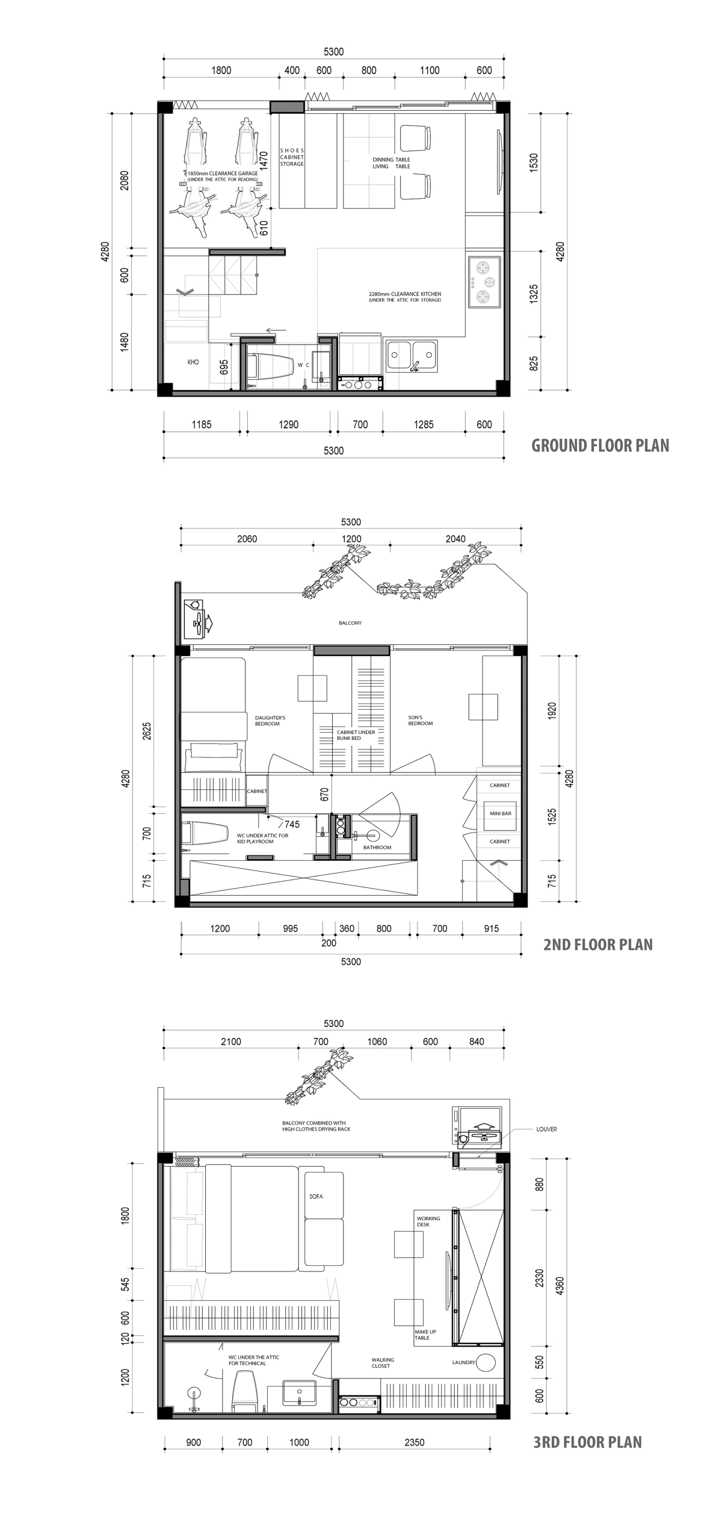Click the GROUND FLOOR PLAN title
click(600, 445)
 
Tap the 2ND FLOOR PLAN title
click(598, 944)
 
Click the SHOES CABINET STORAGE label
click(292, 157)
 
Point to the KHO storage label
click(193, 362)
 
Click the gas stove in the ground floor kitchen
click(485, 281)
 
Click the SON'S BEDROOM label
click(420, 721)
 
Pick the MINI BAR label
click(501, 813)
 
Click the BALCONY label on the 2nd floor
click(350, 623)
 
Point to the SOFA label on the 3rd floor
click(316, 1196)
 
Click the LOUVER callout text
click(546, 1129)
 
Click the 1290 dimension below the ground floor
click(288, 424)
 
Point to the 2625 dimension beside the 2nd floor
click(147, 730)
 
